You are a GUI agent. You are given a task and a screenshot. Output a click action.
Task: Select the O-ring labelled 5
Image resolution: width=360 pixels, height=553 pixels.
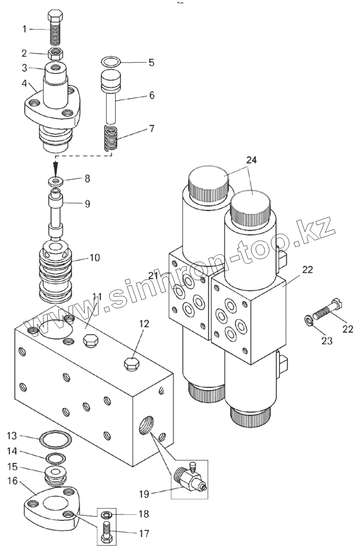click(111, 62)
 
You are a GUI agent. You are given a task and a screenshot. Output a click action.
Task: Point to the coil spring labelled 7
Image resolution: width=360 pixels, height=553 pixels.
click(111, 139)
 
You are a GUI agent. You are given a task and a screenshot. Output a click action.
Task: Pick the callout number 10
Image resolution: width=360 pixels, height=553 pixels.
click(95, 258)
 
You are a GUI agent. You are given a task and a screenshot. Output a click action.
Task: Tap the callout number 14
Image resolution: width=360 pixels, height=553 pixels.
click(12, 451)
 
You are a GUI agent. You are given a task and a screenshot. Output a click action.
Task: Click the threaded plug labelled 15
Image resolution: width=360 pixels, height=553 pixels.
click(54, 476)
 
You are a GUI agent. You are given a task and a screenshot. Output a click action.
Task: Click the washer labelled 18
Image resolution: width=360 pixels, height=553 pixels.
click(106, 514)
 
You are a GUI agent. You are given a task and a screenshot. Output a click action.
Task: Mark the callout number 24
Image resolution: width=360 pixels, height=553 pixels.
click(252, 160)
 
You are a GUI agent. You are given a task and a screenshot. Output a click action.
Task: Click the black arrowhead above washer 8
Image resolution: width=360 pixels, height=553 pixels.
click(55, 167)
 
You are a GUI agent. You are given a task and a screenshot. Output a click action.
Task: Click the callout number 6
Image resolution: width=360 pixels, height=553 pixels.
click(152, 95)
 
